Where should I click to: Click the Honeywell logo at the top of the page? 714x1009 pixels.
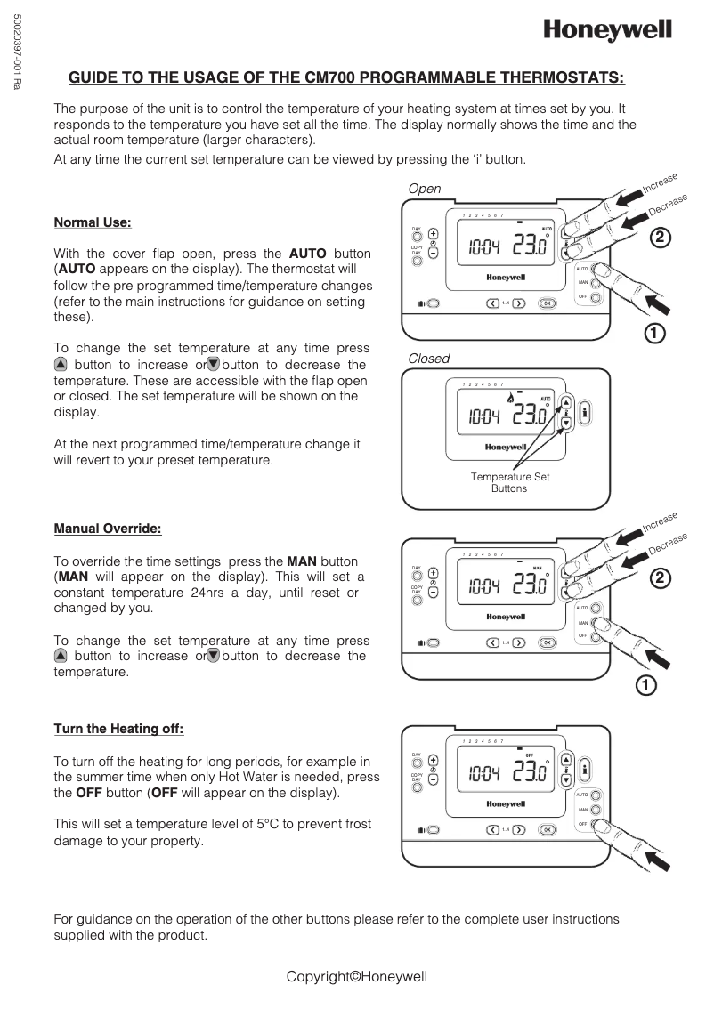click(x=608, y=31)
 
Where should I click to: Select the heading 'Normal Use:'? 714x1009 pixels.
click(x=93, y=222)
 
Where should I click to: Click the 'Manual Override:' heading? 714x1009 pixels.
click(x=108, y=529)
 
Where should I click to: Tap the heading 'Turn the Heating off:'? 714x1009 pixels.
click(x=118, y=729)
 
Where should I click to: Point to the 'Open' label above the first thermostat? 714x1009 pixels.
click(x=424, y=189)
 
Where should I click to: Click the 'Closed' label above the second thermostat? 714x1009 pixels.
click(x=428, y=359)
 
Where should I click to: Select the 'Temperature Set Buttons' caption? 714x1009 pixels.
click(x=509, y=482)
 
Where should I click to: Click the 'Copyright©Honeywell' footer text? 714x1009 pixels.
click(x=357, y=976)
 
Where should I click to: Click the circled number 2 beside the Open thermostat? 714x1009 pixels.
click(x=659, y=238)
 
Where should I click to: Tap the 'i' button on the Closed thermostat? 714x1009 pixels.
click(x=585, y=413)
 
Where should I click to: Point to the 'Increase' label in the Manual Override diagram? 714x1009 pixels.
click(x=660, y=522)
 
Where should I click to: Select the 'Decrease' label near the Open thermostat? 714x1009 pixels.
click(x=668, y=204)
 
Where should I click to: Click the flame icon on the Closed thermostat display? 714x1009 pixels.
click(x=509, y=398)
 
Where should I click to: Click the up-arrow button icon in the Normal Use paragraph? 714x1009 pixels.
click(x=61, y=365)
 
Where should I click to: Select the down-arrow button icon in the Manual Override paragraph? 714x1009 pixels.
click(x=214, y=656)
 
